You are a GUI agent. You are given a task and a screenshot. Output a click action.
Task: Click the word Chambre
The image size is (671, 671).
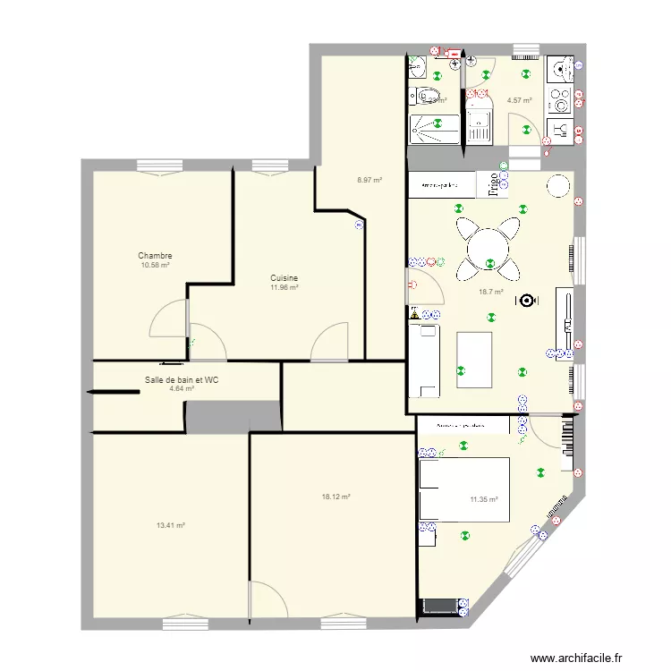(155, 256)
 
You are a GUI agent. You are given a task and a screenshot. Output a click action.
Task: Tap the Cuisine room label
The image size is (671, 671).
(285, 278)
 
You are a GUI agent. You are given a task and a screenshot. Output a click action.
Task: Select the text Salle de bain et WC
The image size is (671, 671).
(182, 379)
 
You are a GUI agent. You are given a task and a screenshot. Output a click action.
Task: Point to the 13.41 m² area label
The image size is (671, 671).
(170, 526)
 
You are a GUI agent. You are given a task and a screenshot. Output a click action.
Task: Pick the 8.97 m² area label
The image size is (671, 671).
(369, 180)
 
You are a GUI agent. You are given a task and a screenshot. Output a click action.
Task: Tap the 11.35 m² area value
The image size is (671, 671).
(484, 500)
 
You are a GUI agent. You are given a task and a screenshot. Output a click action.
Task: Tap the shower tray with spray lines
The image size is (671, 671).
(434, 129)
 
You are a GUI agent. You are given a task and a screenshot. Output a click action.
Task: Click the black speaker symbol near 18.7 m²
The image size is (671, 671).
(525, 302)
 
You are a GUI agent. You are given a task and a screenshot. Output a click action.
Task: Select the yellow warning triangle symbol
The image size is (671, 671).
(415, 314)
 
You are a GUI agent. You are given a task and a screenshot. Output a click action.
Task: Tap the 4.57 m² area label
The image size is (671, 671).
(519, 100)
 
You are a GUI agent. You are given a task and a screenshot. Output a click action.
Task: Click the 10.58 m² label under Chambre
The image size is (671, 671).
(155, 266)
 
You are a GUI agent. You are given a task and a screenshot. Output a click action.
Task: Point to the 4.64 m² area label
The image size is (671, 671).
(182, 389)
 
